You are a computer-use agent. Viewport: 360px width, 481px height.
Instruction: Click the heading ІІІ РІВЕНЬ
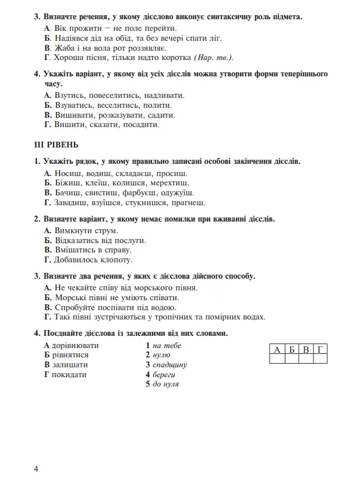coord(57,145)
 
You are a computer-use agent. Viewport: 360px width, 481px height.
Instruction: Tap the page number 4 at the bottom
coord(36,469)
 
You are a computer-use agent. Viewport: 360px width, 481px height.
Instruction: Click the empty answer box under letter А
coord(277,359)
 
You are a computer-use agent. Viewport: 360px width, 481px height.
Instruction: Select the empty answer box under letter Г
coord(319,359)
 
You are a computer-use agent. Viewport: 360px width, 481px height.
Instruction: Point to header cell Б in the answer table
coord(291,350)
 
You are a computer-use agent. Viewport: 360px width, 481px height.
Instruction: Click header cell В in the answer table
coord(305,350)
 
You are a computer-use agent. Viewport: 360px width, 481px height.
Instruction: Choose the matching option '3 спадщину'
coord(166,365)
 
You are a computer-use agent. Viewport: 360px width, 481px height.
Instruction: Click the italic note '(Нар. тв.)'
coord(214,57)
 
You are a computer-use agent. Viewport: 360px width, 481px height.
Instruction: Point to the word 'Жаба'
coord(64,47)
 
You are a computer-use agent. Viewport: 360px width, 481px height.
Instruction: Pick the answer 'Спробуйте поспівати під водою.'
coord(115,307)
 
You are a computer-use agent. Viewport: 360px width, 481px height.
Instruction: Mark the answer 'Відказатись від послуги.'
coord(100,240)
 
